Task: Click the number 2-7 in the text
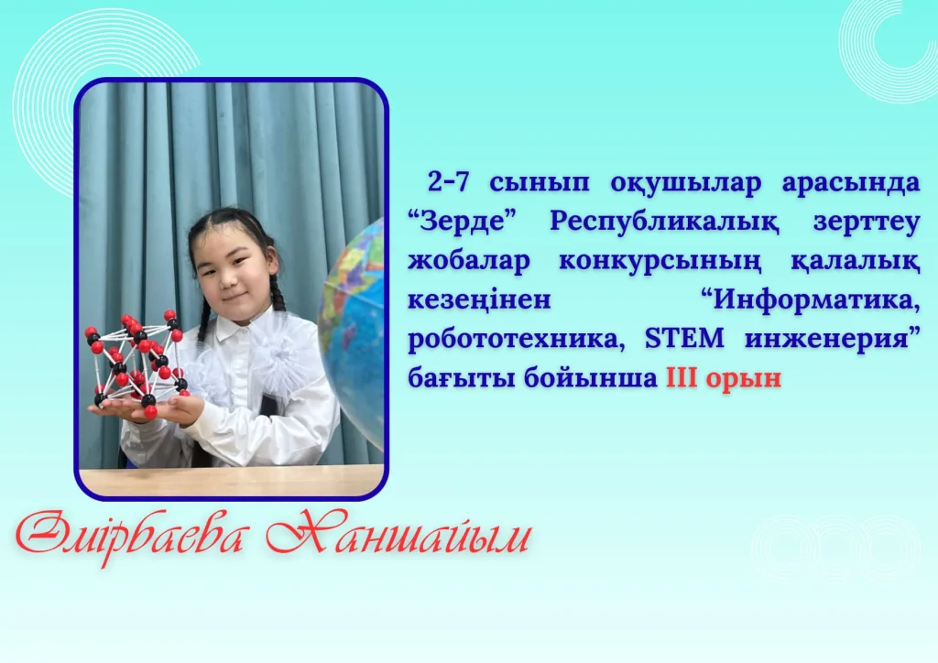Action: click(x=448, y=181)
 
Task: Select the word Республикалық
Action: click(x=664, y=223)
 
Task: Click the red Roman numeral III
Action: click(x=681, y=378)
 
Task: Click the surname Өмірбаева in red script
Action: click(x=131, y=535)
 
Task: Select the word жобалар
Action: click(x=468, y=261)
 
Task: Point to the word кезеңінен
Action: click(x=479, y=300)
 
